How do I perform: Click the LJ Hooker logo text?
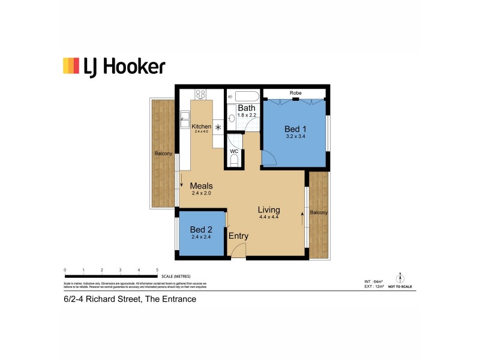(125, 66)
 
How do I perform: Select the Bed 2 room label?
(201, 229)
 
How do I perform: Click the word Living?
(269, 209)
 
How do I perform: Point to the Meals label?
(202, 186)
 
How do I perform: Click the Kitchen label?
(201, 127)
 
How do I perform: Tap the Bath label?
(247, 108)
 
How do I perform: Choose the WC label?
(234, 151)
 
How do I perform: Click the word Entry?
(238, 236)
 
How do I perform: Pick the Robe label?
(295, 93)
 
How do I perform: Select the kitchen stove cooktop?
(200, 94)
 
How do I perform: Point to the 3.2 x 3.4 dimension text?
(295, 137)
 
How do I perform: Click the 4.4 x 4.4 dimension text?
(269, 217)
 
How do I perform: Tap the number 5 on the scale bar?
(157, 271)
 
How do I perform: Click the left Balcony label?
(163, 154)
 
